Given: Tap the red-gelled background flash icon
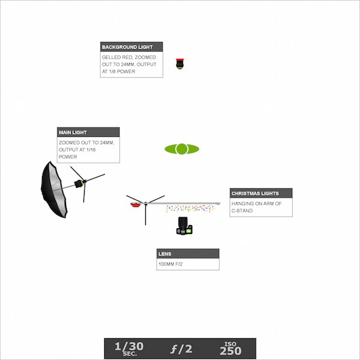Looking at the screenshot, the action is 180,64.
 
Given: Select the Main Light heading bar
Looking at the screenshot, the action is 88,132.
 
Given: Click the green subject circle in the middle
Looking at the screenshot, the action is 182,149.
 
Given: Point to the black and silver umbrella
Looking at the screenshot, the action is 54,190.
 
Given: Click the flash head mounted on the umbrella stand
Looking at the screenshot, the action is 79,184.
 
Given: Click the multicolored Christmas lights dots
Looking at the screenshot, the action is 190,208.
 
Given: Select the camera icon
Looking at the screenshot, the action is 184,226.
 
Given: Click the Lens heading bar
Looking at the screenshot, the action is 188,254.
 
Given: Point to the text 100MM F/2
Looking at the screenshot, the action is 170,264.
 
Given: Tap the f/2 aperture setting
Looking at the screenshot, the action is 181,349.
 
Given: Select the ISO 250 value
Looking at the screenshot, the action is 230,349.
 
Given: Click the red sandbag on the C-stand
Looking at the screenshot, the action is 136,205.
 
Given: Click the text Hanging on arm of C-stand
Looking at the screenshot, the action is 256,207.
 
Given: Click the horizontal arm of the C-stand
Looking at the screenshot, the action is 183,203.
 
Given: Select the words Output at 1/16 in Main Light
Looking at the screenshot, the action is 77,149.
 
